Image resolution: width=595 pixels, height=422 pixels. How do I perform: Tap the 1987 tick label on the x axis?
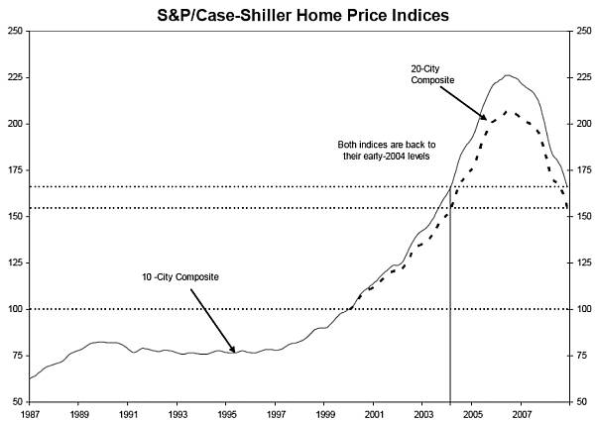(31, 412)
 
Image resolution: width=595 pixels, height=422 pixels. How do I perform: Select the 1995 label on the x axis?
(226, 412)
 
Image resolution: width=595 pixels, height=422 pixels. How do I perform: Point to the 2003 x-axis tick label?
(422, 412)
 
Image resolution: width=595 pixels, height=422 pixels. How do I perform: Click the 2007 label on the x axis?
(521, 412)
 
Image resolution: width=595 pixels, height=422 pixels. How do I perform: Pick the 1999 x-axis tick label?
(324, 412)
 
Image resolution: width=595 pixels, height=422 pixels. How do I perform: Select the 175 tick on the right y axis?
(582, 170)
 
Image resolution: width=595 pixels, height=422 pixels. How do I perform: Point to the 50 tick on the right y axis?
(580, 402)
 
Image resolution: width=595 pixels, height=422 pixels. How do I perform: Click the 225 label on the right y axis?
(582, 77)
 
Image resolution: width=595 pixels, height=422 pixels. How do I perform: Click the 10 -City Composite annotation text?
(178, 276)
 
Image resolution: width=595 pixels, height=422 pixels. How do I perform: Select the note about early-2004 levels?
(383, 151)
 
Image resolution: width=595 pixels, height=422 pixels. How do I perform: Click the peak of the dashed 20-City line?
(507, 111)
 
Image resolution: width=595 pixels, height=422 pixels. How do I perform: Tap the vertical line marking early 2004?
(451, 297)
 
